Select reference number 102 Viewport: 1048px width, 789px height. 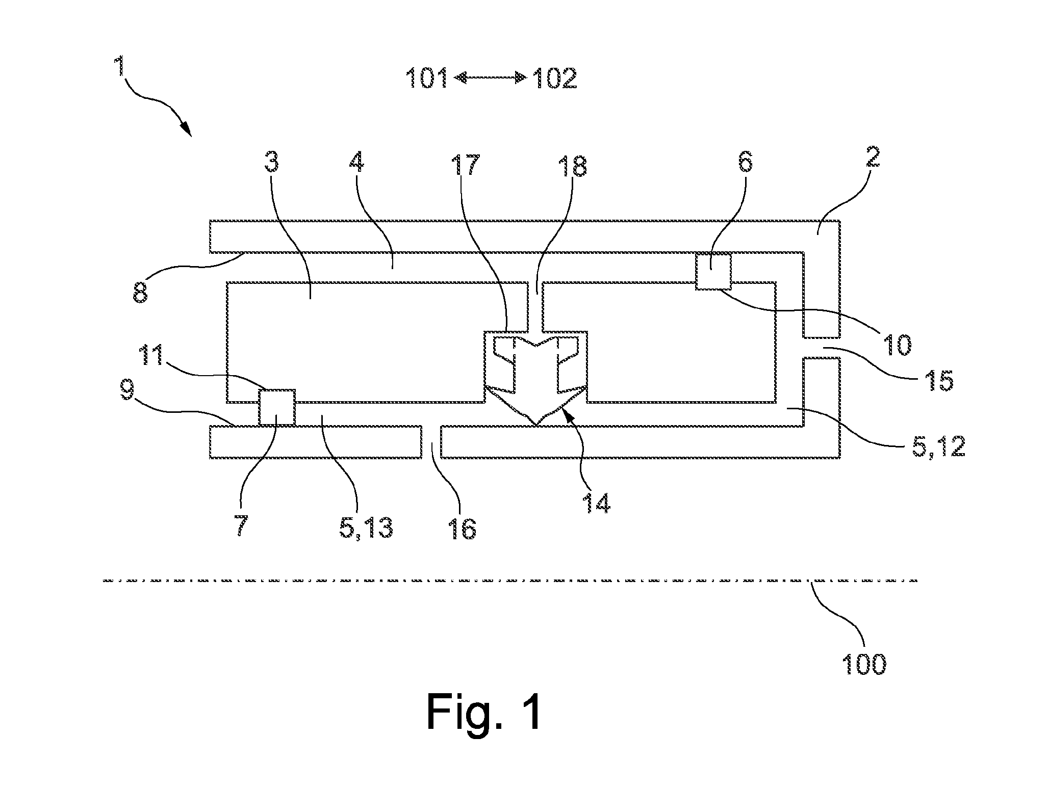point(555,79)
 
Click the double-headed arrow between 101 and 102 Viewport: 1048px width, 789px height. point(490,77)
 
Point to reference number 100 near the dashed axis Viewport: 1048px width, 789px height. point(864,664)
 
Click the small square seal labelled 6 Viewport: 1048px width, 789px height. point(713,271)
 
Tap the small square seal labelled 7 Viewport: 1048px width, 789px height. point(277,407)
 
